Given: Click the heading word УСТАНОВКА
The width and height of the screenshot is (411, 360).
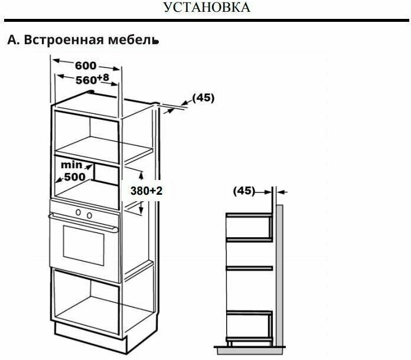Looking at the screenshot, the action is [x=206, y=8].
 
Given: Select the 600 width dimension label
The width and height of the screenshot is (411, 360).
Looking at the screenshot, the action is [x=86, y=66].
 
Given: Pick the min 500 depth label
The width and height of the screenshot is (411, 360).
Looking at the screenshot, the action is [x=73, y=171].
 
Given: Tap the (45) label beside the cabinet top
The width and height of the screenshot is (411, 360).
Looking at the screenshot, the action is [x=203, y=97].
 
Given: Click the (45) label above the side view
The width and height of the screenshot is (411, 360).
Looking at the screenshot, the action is [x=244, y=191].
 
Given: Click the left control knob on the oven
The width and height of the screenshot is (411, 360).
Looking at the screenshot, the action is [x=77, y=212].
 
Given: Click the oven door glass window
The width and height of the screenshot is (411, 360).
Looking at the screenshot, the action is [x=84, y=247].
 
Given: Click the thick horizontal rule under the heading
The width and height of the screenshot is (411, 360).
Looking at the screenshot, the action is [x=206, y=21].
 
